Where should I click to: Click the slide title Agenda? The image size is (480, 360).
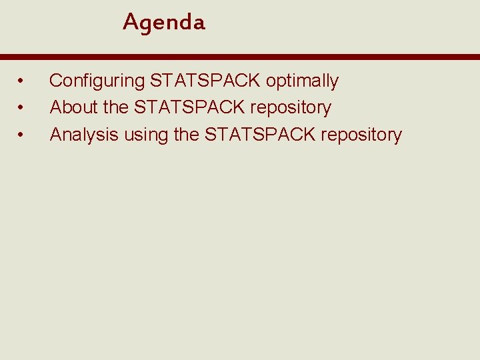(x=164, y=23)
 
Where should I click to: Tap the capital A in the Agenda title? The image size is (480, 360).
(x=130, y=22)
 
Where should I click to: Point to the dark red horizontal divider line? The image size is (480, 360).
(x=240, y=57)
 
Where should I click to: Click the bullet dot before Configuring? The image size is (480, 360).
(x=21, y=81)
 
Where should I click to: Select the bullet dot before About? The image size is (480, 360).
(x=21, y=108)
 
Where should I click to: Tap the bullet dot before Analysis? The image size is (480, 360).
(x=21, y=135)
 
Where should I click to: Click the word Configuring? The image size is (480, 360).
(x=97, y=81)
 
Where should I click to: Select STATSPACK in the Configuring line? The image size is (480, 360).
(x=206, y=81)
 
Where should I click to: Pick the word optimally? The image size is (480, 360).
(x=302, y=81)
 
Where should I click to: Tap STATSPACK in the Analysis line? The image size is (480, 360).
(x=260, y=135)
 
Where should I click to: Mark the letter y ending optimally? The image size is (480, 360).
(x=334, y=83)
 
